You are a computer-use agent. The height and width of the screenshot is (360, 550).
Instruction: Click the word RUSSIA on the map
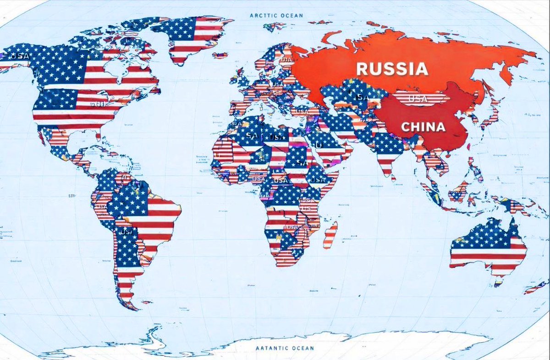tap(392, 69)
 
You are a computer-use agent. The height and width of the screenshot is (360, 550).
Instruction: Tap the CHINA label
tap(423, 127)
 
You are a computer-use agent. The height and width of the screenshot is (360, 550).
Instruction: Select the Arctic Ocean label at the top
tap(276, 16)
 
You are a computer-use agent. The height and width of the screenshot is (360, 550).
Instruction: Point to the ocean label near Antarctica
tap(284, 348)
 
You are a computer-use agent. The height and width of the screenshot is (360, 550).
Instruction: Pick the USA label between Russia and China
tap(421, 98)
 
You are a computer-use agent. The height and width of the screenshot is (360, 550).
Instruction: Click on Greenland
tap(192, 37)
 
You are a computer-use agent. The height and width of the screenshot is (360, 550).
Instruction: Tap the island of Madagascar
tap(330, 234)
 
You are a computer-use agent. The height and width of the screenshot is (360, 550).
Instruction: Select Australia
tap(488, 250)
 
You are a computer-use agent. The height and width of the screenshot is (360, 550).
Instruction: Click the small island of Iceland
tap(220, 55)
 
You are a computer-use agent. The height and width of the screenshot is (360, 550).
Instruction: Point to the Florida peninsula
tap(97, 133)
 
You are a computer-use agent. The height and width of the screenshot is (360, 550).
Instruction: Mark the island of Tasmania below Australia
tap(498, 282)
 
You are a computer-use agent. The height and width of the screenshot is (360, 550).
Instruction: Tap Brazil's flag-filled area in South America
tap(151, 216)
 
